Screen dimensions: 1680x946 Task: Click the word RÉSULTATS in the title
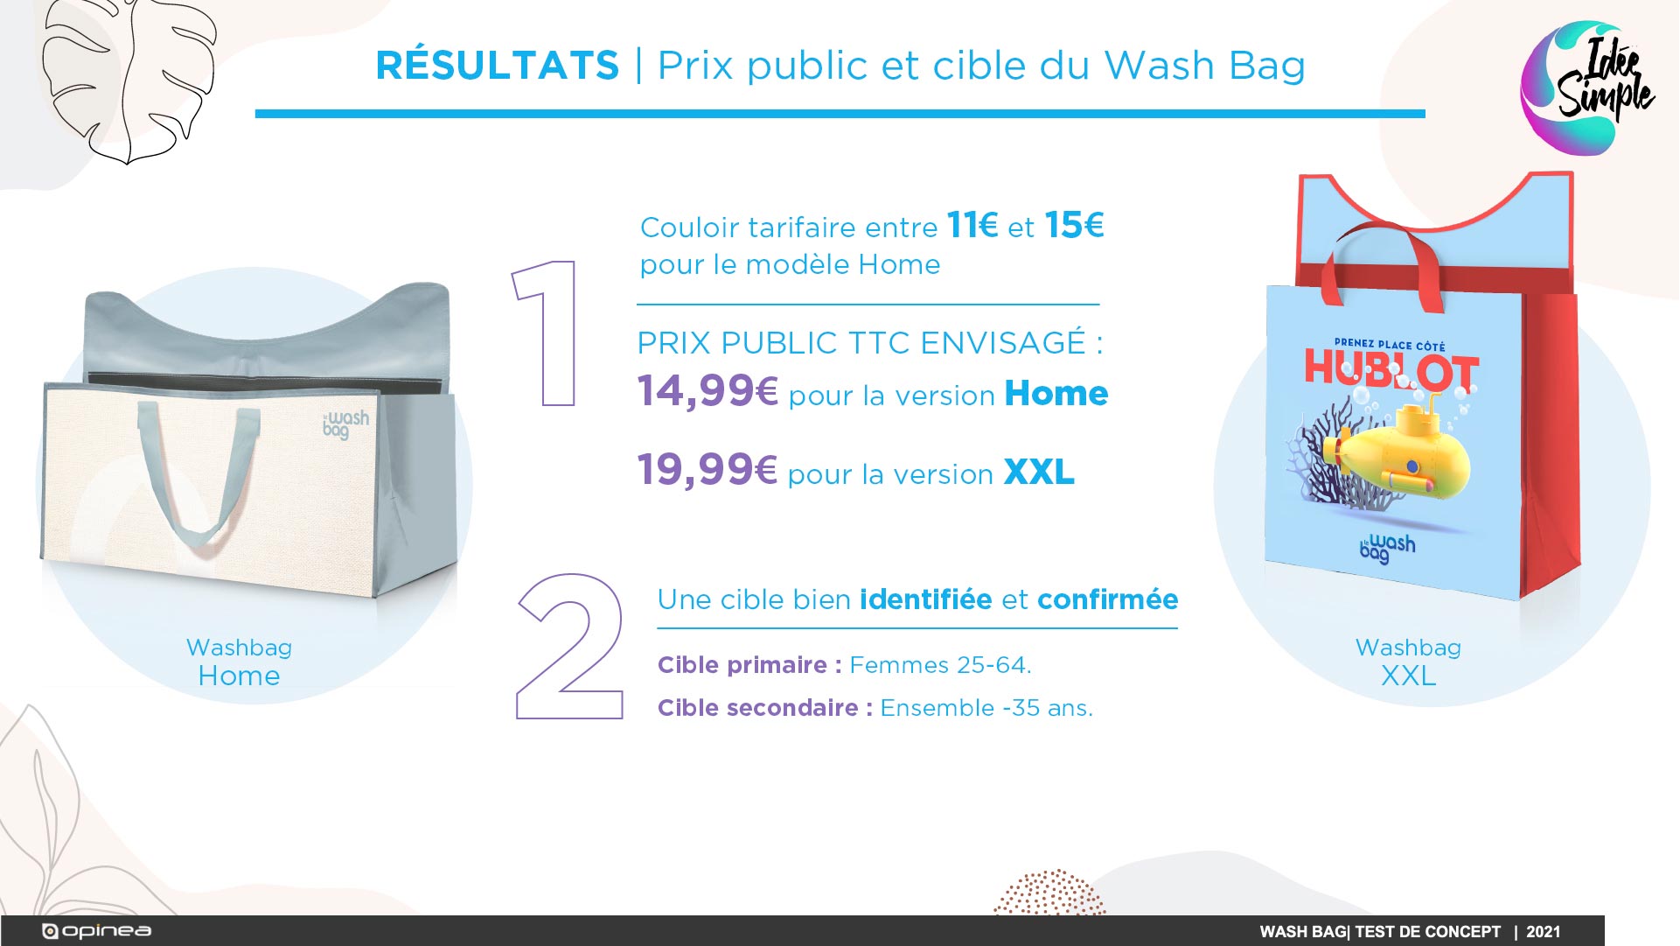(498, 65)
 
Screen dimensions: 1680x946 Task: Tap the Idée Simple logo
(1586, 88)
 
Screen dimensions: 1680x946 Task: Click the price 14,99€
(708, 391)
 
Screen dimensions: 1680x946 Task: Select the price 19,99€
(707, 470)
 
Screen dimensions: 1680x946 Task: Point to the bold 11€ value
(972, 226)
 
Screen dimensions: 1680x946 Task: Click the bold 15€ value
(1075, 226)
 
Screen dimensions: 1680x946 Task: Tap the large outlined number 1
(547, 333)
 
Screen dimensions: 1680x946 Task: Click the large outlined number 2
(570, 647)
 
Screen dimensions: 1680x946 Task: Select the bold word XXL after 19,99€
(1039, 473)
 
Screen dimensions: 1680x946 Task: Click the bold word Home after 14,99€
(1056, 394)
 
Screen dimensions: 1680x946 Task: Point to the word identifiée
(926, 599)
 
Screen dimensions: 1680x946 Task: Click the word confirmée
(1108, 599)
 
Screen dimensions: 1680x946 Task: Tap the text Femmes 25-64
(941, 665)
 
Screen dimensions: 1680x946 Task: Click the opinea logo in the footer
(97, 931)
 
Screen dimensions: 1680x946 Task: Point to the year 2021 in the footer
(1544, 932)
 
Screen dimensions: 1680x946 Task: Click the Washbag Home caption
(239, 662)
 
